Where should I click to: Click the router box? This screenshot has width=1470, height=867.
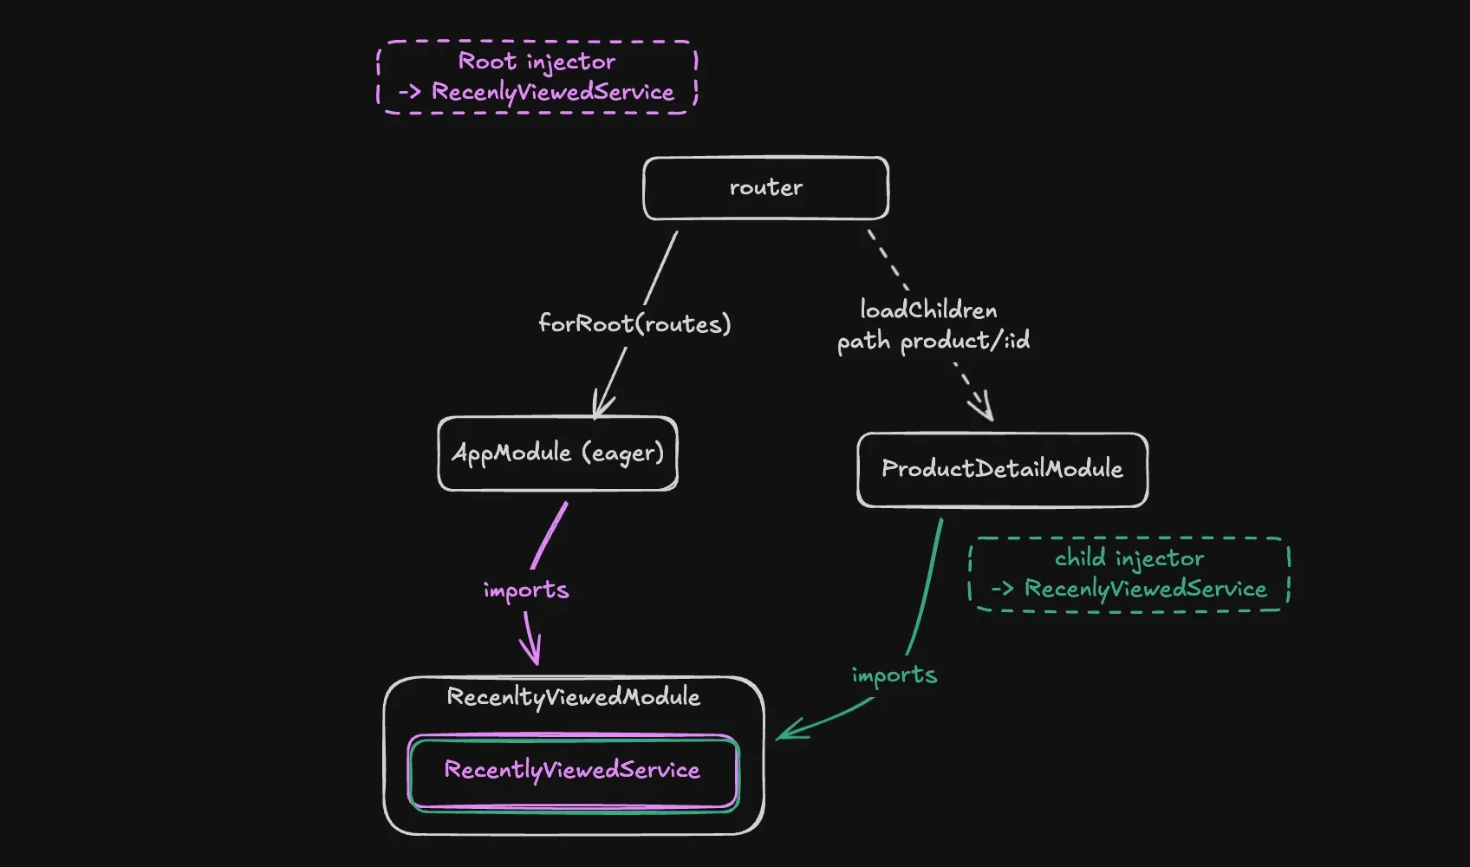[x=765, y=188]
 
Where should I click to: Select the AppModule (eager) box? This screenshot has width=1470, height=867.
[x=557, y=453]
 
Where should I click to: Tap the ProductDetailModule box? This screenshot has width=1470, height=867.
[x=1002, y=469]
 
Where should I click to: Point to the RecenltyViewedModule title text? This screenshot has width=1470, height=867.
[x=573, y=697]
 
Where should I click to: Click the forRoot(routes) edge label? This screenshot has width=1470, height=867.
[x=634, y=324]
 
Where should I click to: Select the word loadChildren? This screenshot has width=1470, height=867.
[x=928, y=310]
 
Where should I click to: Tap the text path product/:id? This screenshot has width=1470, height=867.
[x=933, y=341]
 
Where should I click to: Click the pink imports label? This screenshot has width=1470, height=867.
[x=526, y=590]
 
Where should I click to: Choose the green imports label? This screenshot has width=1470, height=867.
[x=894, y=675]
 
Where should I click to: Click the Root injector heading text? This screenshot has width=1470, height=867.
[x=537, y=62]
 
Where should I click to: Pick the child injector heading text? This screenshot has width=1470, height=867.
[x=1129, y=558]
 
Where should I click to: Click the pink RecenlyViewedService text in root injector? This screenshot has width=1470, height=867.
[x=552, y=92]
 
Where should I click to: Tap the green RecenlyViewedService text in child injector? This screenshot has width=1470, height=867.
[x=1145, y=589]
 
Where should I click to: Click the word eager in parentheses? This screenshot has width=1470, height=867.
[x=622, y=453]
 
